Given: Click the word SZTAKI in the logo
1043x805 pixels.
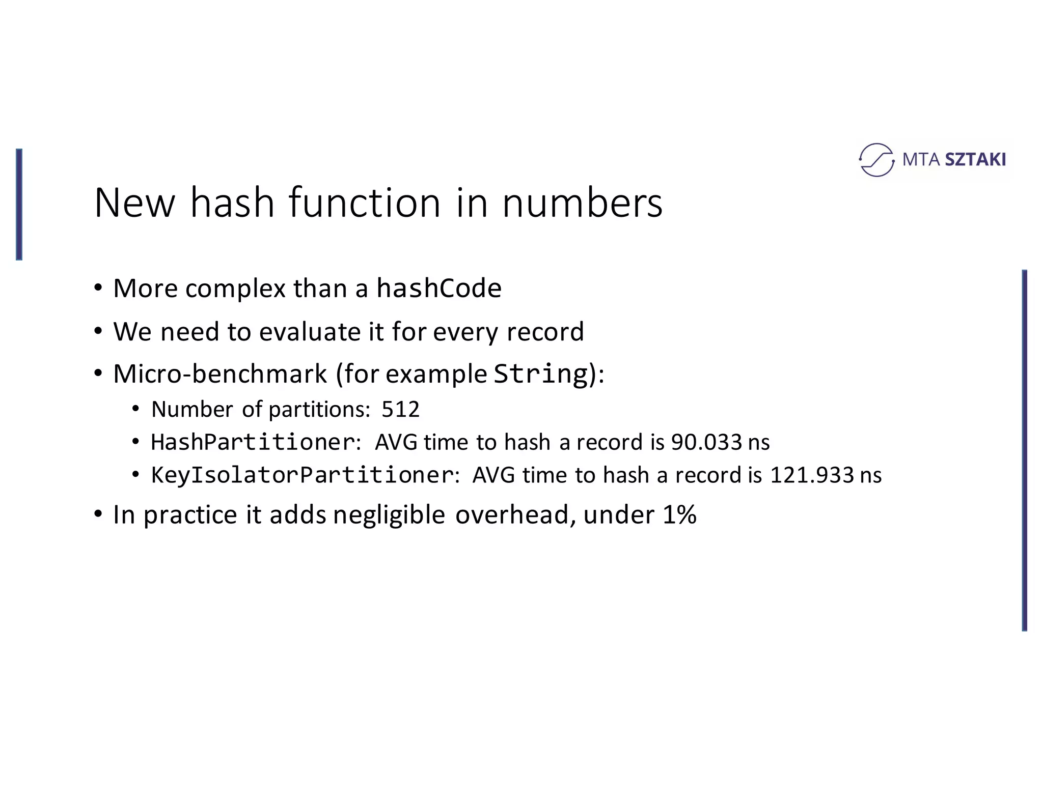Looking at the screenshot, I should coord(975,160).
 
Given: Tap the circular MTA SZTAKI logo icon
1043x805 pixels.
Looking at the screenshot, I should coord(876,160).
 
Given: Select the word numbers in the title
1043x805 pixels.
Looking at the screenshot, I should coord(582,203).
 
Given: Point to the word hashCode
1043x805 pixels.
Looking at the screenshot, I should coord(439,288).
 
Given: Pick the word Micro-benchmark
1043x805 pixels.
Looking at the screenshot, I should coord(220,374).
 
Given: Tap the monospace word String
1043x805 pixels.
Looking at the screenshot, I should coord(541,374).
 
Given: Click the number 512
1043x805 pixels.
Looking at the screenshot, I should coord(400,409).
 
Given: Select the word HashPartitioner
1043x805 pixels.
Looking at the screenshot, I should coord(253,442).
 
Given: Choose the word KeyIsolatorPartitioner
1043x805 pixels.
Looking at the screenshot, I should coord(303,475).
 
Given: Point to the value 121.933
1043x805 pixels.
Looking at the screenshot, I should coord(812,475).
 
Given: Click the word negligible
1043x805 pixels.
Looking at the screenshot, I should coord(389,515).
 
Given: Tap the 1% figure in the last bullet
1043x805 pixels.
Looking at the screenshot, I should coord(679,514).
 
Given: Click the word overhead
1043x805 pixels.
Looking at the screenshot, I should coord(512,514).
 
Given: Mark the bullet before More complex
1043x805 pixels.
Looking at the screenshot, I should coord(98,288).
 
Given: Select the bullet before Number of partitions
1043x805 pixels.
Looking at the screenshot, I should coord(135,409).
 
